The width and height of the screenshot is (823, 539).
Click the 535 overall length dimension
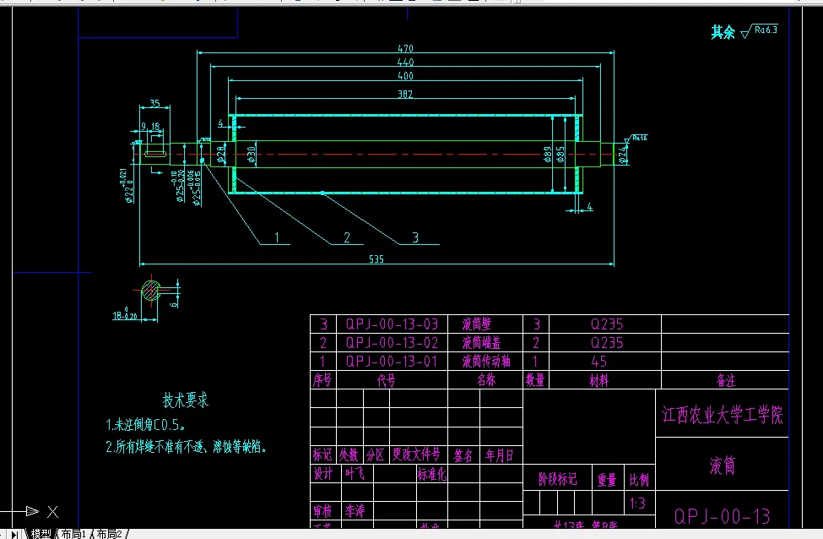coord(376,259)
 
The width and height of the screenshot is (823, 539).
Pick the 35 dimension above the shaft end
coord(154,103)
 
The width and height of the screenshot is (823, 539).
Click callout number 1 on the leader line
coord(275,238)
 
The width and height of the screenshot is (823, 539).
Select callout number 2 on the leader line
coord(346,238)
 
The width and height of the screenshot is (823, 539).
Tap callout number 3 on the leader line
coord(415,237)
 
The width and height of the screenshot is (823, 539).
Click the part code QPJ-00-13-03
coord(393,324)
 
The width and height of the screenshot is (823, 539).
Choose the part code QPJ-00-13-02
coord(393,343)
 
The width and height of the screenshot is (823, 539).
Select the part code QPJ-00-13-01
coord(393,362)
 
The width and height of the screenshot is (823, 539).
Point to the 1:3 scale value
coord(638,504)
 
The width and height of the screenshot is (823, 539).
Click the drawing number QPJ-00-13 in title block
coord(722,515)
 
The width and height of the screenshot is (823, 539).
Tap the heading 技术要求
coord(185,400)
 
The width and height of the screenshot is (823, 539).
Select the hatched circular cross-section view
coord(151,291)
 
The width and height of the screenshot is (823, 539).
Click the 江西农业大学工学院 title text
coord(722,415)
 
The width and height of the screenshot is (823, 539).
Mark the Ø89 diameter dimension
coord(548,154)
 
